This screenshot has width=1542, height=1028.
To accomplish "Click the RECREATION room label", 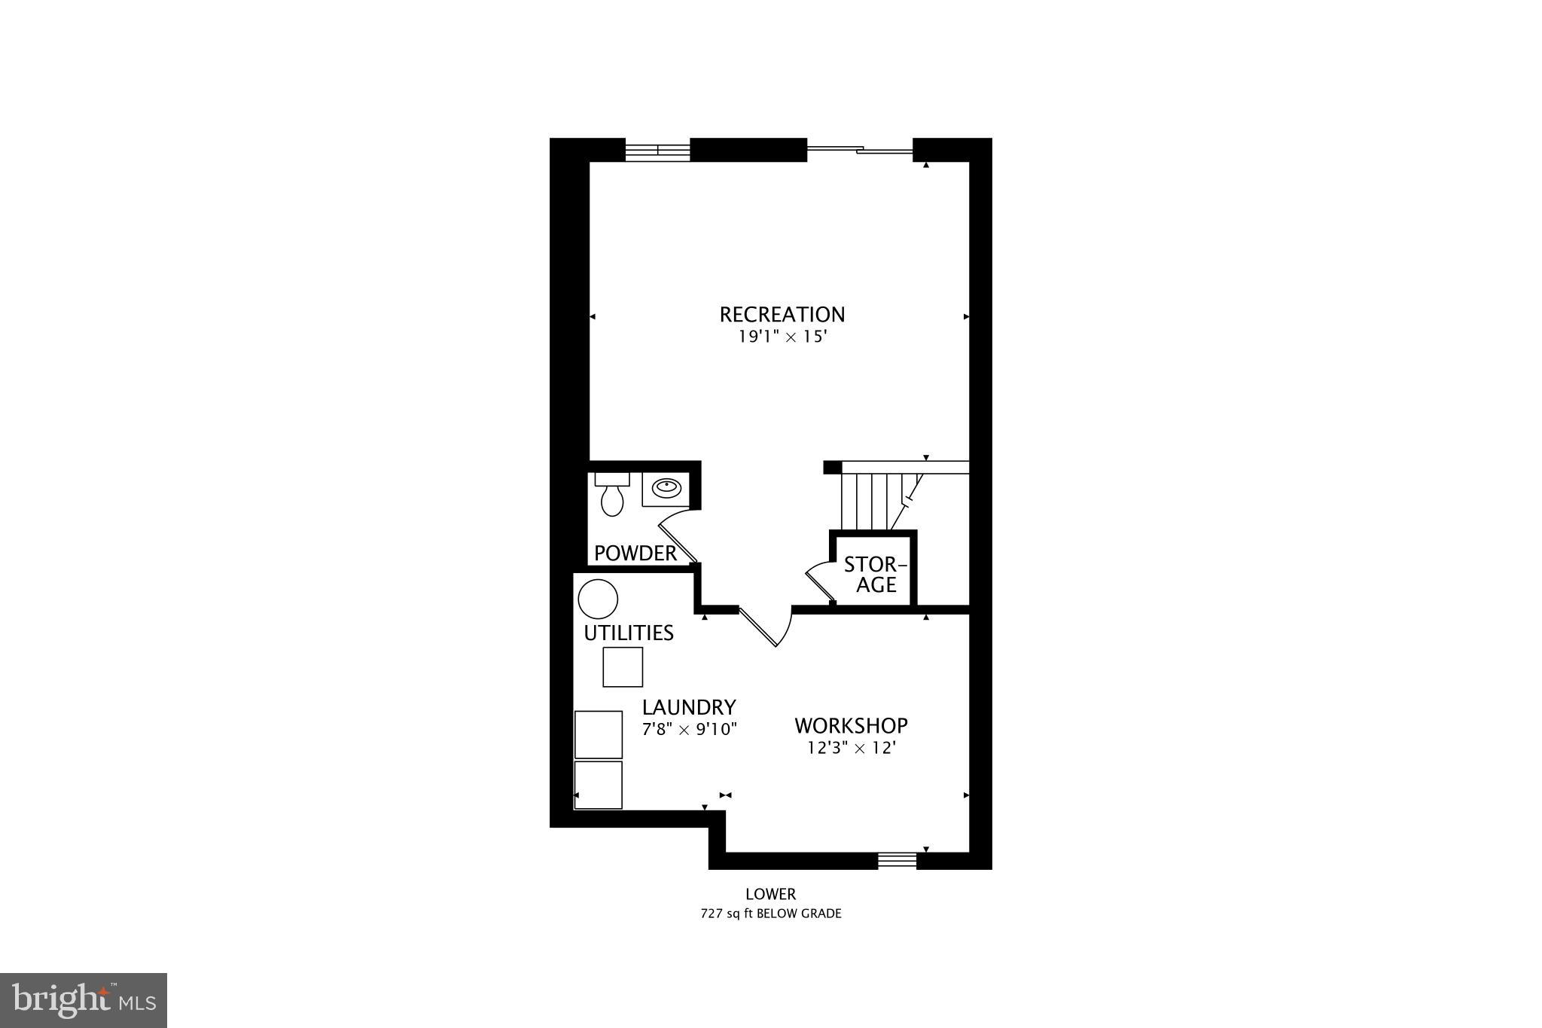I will (782, 314).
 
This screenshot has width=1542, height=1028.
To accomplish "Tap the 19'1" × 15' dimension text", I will (782, 337).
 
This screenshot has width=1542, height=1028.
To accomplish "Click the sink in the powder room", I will (664, 489).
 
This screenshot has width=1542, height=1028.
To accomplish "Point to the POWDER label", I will (635, 554).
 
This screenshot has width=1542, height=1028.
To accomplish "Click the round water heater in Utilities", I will (598, 599).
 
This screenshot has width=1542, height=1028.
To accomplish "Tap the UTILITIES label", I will (629, 633).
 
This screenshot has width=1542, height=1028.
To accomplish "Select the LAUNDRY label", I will (688, 707).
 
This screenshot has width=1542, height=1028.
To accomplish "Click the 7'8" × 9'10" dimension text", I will (688, 729).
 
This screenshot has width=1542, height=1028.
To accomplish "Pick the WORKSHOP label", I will (851, 725).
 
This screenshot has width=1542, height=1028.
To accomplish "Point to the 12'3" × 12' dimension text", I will (851, 748).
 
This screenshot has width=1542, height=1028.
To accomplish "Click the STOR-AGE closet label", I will (876, 575).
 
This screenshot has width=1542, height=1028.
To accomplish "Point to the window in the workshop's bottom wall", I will (897, 859).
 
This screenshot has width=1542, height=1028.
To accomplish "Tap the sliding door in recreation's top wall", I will (859, 151).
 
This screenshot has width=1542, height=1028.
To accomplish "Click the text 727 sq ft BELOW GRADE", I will (770, 914).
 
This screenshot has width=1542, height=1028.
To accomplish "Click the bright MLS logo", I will (84, 1000).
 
